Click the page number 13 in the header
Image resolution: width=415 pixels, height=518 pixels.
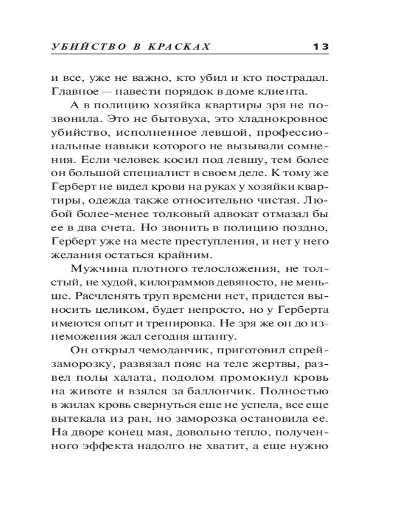[x=321, y=47]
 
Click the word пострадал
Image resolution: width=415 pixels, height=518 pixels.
[x=300, y=79]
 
